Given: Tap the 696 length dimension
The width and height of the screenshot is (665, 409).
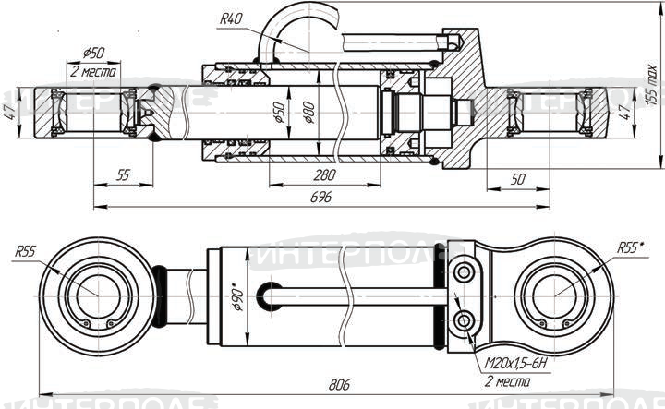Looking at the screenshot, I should [320, 197].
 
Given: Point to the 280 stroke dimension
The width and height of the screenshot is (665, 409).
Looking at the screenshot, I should [323, 175].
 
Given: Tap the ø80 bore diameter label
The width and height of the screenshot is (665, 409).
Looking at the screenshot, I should [308, 113].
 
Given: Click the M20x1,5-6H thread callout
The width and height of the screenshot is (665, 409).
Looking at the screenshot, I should [514, 365].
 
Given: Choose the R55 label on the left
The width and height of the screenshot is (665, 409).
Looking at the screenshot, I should [25, 251].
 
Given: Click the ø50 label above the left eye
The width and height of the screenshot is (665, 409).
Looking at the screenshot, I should [92, 52].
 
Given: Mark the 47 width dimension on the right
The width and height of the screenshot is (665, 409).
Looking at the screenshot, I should [623, 112].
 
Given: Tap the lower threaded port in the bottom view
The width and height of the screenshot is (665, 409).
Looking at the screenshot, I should [463, 320].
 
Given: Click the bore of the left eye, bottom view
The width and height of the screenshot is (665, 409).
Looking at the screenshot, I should [91, 295].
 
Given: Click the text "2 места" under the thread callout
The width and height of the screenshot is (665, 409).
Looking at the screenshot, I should [507, 380].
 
